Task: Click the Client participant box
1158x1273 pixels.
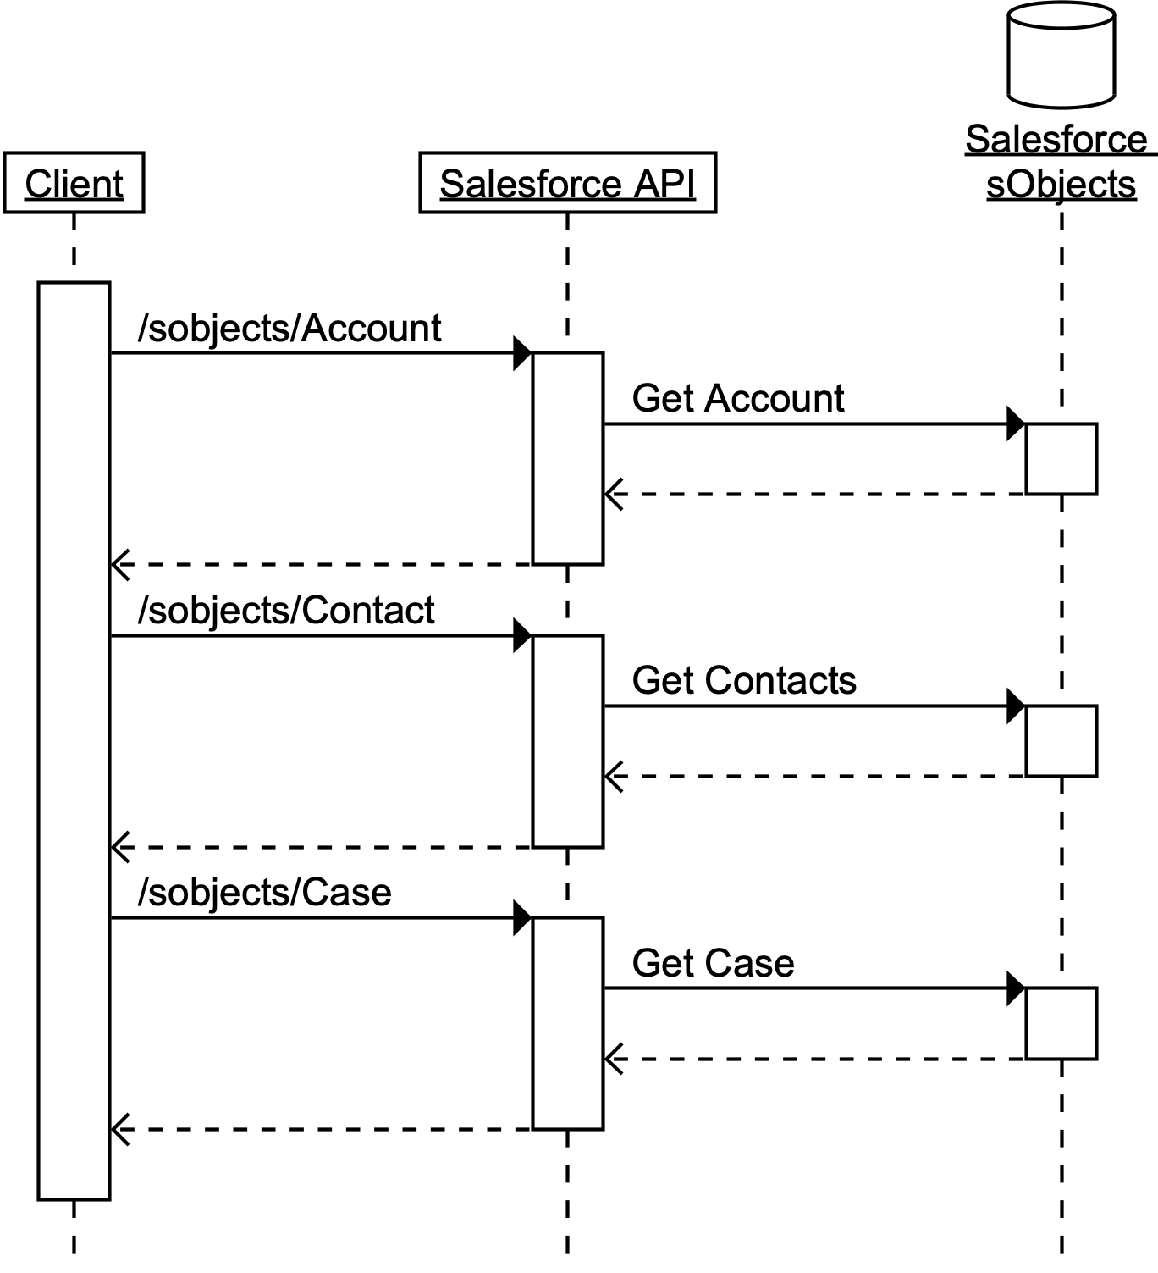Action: point(74,183)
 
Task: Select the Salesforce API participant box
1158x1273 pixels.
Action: point(567,183)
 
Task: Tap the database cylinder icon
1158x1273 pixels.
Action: point(1061,55)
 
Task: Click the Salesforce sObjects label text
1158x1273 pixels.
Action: point(1060,162)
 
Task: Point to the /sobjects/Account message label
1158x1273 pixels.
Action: point(289,329)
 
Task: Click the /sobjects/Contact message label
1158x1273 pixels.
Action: point(286,611)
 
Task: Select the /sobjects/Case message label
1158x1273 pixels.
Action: point(264,893)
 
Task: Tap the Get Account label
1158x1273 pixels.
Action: point(737,399)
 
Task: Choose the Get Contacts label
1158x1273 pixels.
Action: point(744,681)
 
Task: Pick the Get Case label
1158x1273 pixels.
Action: point(713,964)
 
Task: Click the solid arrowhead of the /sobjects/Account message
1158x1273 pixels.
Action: point(522,353)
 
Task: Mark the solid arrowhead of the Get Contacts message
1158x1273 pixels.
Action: point(1016,706)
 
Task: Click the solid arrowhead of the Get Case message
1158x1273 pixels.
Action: point(1016,988)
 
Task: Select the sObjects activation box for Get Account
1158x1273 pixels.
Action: point(1061,458)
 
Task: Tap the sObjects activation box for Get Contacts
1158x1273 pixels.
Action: point(1061,740)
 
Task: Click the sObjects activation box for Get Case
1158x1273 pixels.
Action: point(1061,1022)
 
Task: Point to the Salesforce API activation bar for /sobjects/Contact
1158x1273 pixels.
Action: point(567,740)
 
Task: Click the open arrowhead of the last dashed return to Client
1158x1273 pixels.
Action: point(120,1129)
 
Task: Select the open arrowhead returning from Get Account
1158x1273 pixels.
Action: point(614,494)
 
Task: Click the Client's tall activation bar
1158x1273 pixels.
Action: point(74,740)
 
